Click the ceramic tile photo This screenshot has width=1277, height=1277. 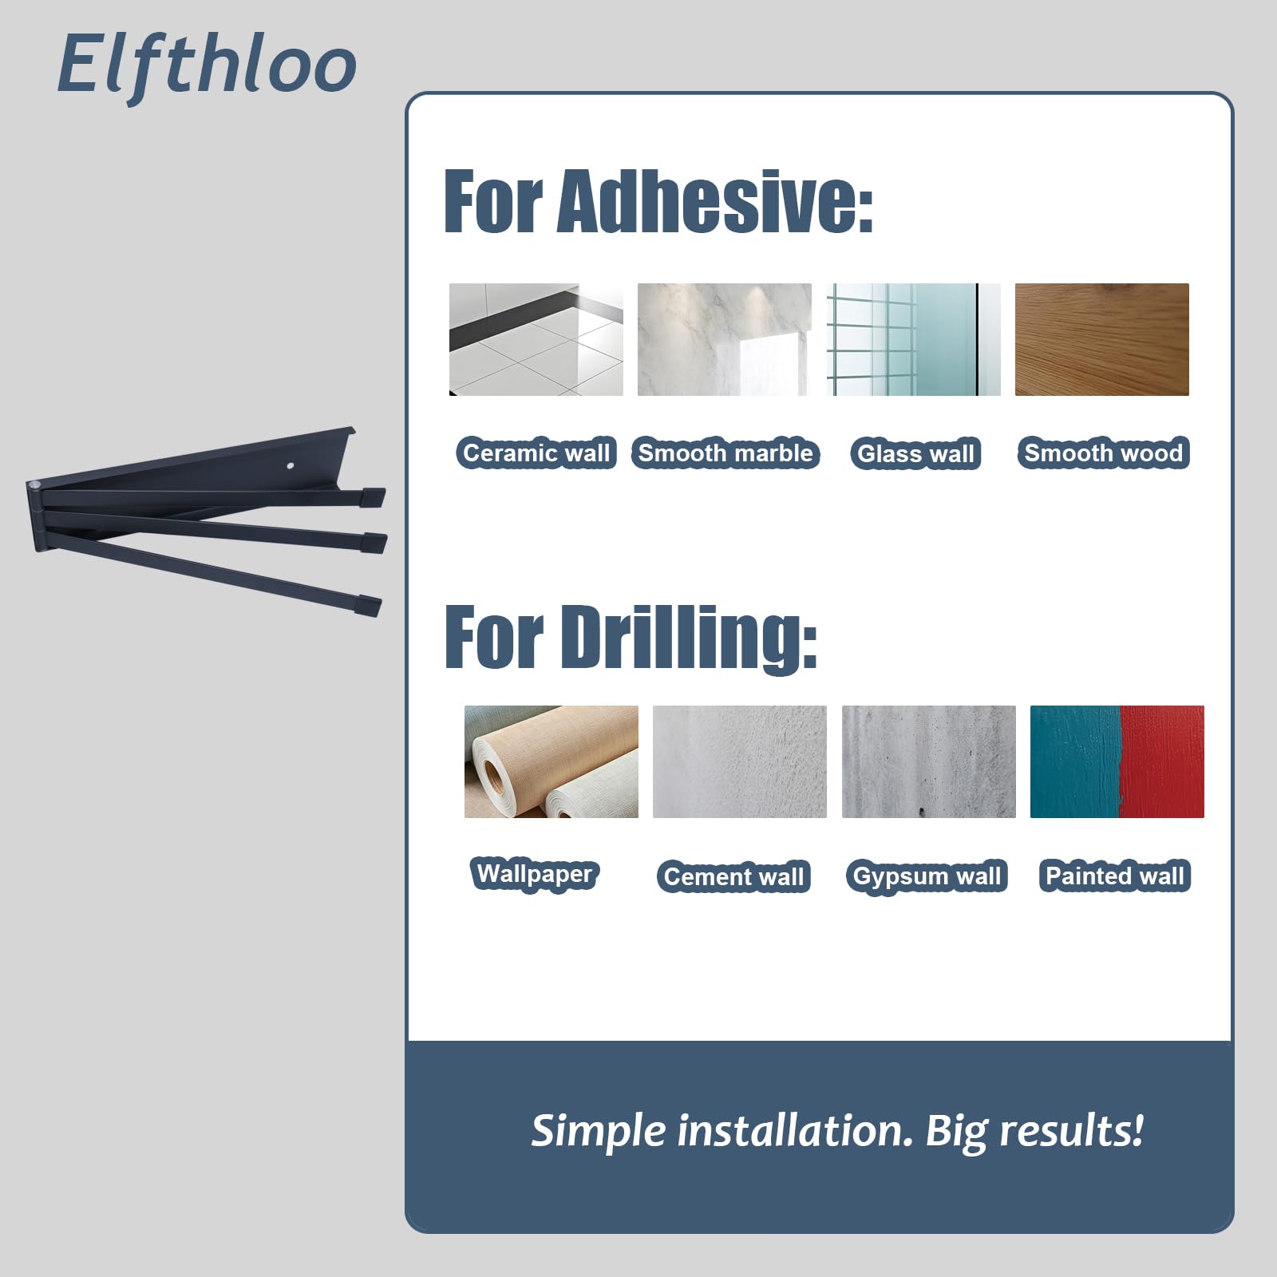(536, 339)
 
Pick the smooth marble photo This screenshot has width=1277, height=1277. (725, 339)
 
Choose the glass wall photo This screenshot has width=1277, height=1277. (913, 339)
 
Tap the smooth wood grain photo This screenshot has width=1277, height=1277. (1102, 339)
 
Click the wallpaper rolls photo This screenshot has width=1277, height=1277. (552, 761)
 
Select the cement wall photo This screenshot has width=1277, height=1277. (740, 761)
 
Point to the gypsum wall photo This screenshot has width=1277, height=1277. (929, 761)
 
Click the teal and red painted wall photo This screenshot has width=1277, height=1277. (1117, 761)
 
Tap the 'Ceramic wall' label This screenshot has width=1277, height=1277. (536, 453)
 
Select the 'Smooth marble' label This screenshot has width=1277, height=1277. (725, 453)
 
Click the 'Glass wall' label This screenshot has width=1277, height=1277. (915, 453)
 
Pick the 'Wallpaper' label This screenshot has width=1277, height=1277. (535, 874)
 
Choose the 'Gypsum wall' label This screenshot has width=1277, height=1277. (927, 876)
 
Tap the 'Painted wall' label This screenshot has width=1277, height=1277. (1115, 876)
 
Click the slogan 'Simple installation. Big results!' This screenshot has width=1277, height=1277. (837, 1131)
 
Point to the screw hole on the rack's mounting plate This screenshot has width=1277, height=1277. (291, 465)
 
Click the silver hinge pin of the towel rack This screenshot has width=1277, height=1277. (34, 486)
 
